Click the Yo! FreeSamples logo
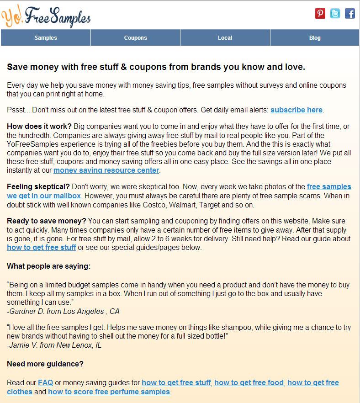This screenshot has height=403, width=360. [46, 16]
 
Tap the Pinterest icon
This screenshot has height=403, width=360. [320, 14]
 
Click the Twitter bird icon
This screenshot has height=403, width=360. [335, 14]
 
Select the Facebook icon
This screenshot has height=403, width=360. [349, 14]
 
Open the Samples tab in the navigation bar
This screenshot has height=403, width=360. [46, 38]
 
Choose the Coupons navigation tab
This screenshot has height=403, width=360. [135, 38]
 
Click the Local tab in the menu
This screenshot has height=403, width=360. [225, 38]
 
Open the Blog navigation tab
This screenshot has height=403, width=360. [315, 38]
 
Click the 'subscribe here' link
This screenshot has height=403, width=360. [296, 110]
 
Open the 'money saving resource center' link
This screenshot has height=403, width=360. [106, 170]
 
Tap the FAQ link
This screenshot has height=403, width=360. [46, 382]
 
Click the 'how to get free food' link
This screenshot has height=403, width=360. [249, 382]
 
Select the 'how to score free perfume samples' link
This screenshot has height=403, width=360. [109, 392]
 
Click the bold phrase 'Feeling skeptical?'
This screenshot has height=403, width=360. [38, 187]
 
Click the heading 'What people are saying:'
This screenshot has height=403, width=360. [49, 266]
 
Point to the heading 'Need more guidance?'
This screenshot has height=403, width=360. [45, 364]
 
